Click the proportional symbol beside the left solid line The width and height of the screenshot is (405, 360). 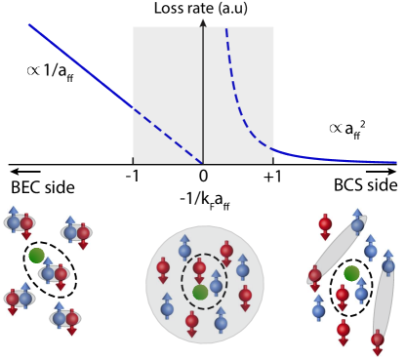point(34,70)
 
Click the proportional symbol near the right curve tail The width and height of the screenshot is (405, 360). point(336,128)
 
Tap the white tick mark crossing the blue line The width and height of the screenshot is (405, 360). point(134,107)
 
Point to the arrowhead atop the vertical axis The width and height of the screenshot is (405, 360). point(203,21)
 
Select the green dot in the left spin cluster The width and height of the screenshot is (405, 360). point(36,256)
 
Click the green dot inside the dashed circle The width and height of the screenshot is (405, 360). point(200,292)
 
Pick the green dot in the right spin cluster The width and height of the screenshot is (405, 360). point(351,273)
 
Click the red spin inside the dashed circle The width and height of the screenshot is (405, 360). point(199,268)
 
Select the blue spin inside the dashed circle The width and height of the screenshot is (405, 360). point(216,283)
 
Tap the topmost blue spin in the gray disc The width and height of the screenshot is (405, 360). point(184,247)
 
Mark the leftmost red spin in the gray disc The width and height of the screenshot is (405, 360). point(163,268)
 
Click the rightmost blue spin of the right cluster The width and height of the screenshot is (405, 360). point(387,262)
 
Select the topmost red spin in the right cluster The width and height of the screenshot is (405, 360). point(325,225)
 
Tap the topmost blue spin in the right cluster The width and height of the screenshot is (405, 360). point(357,221)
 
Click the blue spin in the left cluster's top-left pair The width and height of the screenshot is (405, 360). point(14,220)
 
